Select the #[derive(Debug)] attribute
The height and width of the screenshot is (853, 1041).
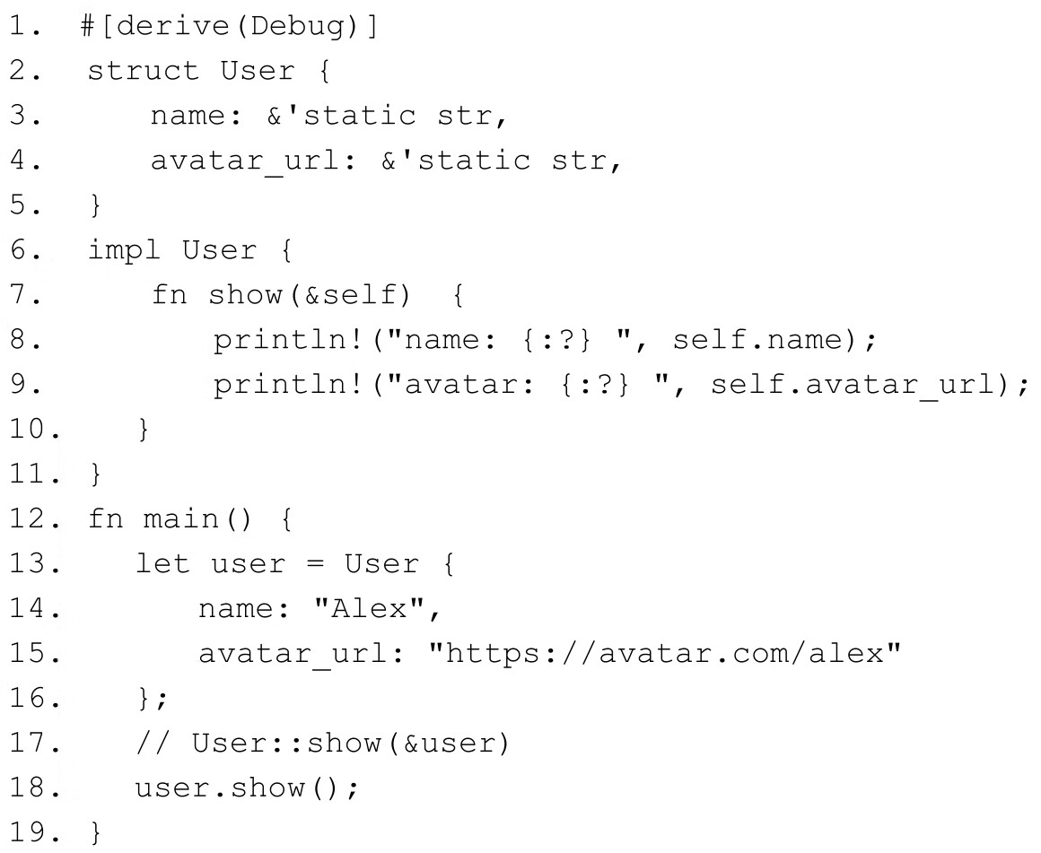[229, 27]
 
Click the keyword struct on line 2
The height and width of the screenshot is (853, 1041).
[143, 72]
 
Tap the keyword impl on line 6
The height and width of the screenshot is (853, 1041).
[124, 251]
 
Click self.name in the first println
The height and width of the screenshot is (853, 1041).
[771, 341]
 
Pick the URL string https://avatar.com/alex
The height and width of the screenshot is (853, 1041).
[664, 655]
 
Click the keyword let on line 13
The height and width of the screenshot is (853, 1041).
[162, 565]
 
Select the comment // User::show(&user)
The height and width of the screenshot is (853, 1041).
[322, 744]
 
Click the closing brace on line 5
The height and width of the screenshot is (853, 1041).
[96, 206]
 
